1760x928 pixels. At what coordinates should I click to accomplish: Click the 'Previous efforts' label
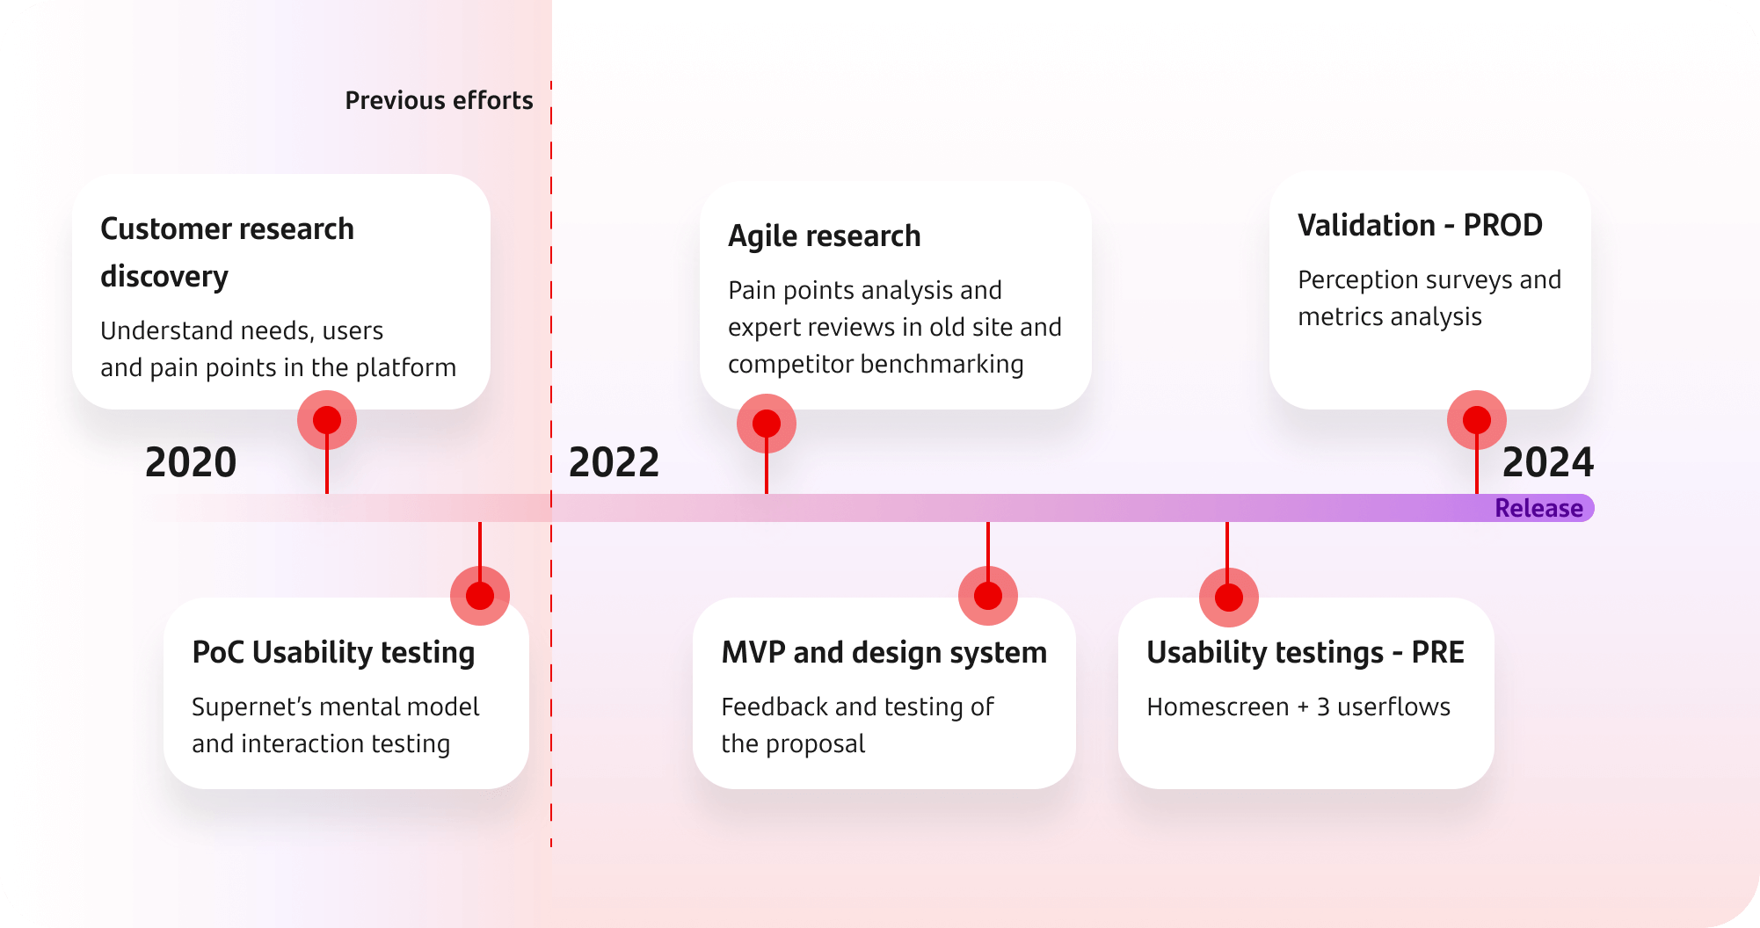click(439, 100)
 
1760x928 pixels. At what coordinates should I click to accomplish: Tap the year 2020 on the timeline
click(191, 462)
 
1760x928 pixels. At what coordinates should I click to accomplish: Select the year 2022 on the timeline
click(614, 462)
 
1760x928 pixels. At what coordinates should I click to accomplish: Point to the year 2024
click(1547, 462)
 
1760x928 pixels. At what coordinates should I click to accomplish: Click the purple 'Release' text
click(1538, 508)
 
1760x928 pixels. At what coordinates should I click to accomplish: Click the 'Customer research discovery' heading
click(227, 252)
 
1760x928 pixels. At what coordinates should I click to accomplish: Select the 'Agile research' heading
click(824, 236)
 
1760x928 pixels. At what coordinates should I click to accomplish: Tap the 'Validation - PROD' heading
click(1420, 225)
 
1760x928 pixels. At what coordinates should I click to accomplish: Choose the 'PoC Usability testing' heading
click(333, 652)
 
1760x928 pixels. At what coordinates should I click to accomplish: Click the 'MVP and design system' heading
click(884, 652)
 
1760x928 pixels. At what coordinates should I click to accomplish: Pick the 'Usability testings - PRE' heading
click(1305, 652)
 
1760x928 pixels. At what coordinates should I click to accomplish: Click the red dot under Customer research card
click(327, 420)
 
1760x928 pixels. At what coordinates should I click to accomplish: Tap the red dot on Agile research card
click(767, 424)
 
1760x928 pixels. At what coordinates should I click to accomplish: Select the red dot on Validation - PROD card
click(1477, 420)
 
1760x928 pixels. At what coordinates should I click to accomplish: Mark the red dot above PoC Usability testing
click(480, 596)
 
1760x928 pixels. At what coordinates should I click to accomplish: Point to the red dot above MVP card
click(988, 596)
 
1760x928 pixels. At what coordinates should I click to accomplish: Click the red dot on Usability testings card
click(1229, 598)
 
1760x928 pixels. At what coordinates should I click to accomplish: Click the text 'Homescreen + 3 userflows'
click(1298, 707)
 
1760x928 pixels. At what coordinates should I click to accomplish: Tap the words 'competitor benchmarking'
click(876, 364)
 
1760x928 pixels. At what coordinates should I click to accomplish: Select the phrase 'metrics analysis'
click(1390, 316)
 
